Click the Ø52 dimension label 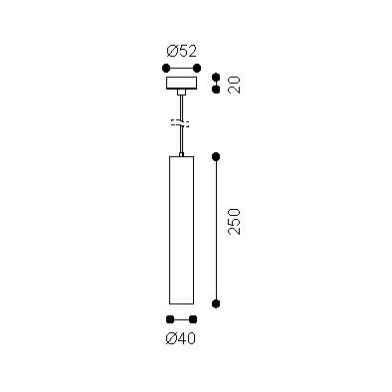point(181,52)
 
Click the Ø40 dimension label point(181,338)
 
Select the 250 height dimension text point(234,222)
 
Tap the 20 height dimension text point(234,85)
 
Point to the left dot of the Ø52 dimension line point(166,69)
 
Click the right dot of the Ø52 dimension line point(197,69)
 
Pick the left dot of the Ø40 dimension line point(170,319)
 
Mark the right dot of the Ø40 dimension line point(193,319)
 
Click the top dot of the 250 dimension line point(216,156)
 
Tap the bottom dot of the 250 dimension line point(216,303)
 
